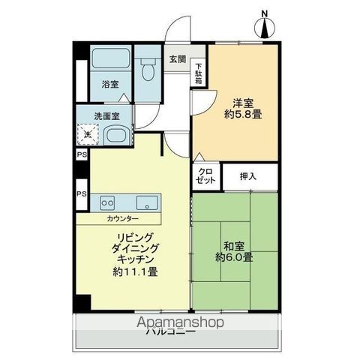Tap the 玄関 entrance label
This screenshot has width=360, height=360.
click(177, 58)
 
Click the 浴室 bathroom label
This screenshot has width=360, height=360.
click(109, 85)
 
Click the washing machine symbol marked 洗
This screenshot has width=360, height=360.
click(88, 134)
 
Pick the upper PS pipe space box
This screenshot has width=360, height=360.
click(80, 155)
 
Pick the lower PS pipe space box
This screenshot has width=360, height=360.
click(80, 193)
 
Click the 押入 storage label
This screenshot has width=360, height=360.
click(248, 176)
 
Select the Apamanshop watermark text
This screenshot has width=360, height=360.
click(179, 322)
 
